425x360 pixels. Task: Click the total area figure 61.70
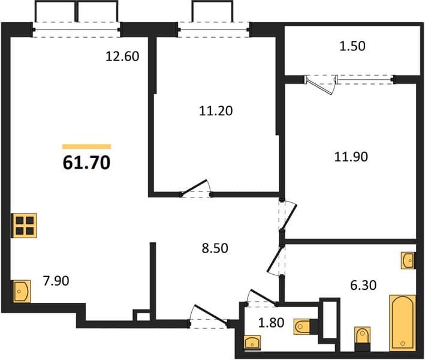(86, 163)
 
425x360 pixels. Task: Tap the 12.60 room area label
(122, 56)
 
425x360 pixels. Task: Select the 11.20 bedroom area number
(216, 111)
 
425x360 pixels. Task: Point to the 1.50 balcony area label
(352, 46)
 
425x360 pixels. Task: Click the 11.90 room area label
(351, 157)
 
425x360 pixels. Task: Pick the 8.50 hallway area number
(215, 248)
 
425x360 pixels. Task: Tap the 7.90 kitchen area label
(56, 281)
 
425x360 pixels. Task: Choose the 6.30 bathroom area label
(363, 286)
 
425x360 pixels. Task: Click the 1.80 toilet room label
(271, 323)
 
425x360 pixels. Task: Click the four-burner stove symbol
(24, 226)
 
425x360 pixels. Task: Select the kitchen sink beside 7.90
(22, 292)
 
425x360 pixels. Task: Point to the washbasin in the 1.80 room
(252, 343)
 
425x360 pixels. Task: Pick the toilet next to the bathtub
(363, 338)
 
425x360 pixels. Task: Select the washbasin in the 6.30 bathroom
(408, 260)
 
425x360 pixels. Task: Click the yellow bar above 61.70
(87, 146)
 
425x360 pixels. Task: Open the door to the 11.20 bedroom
(196, 188)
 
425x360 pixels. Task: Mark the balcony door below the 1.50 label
(322, 85)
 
